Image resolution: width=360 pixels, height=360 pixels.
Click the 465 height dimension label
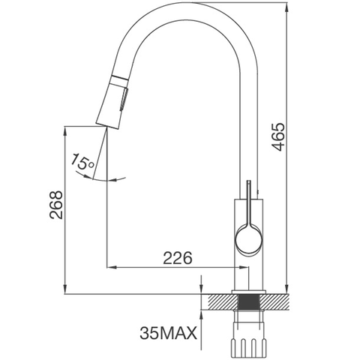(278, 138)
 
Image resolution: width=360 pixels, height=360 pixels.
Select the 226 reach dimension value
(178, 258)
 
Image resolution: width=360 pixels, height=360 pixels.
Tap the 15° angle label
(82, 160)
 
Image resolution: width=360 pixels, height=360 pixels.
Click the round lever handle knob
(248, 239)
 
